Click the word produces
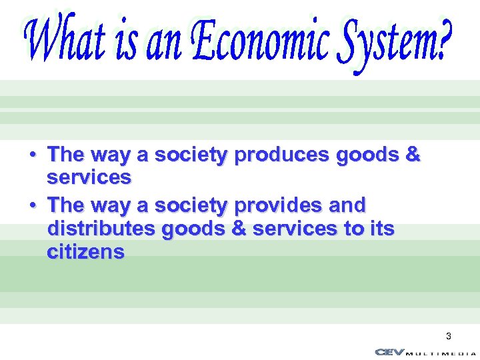283,155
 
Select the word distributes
98,229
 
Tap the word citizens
86,252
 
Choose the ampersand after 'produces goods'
413,155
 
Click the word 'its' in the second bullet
382,229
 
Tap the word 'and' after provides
347,205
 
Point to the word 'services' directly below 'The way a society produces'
89,178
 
